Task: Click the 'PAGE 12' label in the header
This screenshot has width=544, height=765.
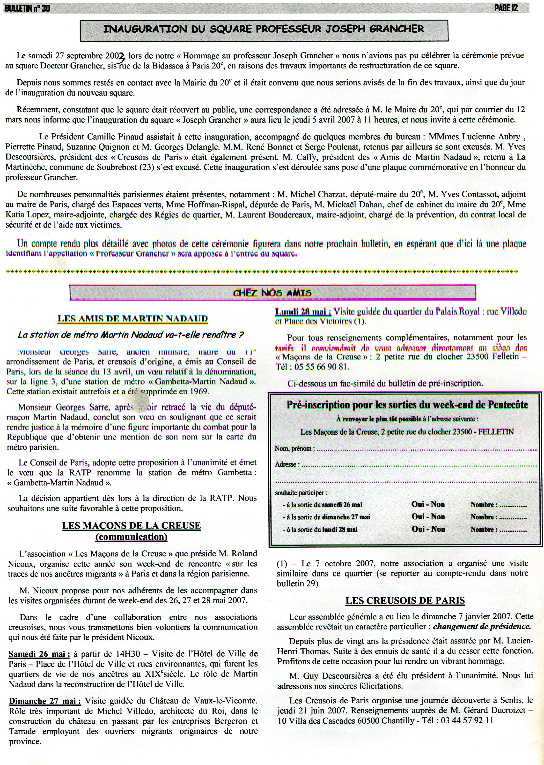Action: pyautogui.click(x=506, y=8)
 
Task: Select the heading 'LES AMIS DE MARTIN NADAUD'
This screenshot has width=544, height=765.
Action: pyautogui.click(x=133, y=318)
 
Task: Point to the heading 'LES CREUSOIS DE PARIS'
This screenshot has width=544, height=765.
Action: pyautogui.click(x=405, y=600)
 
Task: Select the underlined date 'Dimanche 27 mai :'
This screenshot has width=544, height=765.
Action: pyautogui.click(x=44, y=701)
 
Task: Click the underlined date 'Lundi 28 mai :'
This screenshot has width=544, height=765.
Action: pyautogui.click(x=303, y=312)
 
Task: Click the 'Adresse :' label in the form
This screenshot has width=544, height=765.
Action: pyautogui.click(x=287, y=464)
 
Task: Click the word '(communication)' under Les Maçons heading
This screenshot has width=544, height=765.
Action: pyautogui.click(x=131, y=537)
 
